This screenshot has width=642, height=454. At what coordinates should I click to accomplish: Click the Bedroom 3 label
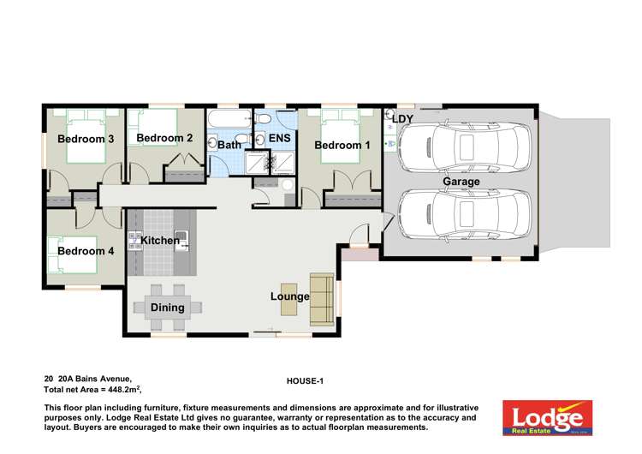pyautogui.click(x=86, y=139)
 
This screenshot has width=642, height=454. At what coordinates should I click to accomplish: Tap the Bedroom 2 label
pyautogui.click(x=164, y=138)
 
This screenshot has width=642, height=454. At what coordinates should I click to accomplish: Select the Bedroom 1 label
pyautogui.click(x=342, y=146)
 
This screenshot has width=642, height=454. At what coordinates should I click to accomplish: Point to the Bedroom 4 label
pyautogui.click(x=86, y=251)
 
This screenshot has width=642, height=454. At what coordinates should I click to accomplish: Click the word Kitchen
pyautogui.click(x=160, y=241)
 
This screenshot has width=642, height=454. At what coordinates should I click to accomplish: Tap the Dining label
pyautogui.click(x=168, y=307)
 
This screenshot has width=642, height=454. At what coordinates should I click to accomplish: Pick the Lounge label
pyautogui.click(x=289, y=296)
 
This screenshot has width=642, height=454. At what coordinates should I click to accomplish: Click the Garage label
pyautogui.click(x=461, y=182)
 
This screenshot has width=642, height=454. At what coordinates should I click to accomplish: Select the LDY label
pyautogui.click(x=402, y=119)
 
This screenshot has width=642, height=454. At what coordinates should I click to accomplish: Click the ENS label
pyautogui.click(x=280, y=139)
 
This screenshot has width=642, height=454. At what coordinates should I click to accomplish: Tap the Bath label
pyautogui.click(x=229, y=145)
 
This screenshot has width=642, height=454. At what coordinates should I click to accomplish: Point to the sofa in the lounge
pyautogui.click(x=322, y=294)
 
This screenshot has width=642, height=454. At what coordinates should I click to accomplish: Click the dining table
pyautogui.click(x=168, y=306)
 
